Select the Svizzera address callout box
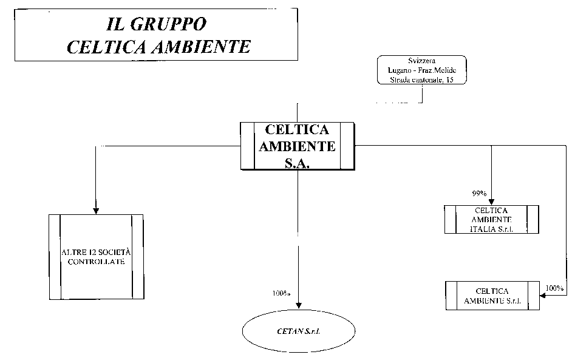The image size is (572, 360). point(421,70)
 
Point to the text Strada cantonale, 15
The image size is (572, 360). point(421,79)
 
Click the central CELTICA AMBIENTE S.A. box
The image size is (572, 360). point(298,146)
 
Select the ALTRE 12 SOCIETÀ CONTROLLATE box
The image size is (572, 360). point(96,257)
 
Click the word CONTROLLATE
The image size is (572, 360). point(96,262)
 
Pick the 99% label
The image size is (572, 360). point(479,194)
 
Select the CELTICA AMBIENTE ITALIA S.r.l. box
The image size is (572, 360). point(491,219)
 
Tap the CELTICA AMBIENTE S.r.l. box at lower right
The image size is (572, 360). point(492,296)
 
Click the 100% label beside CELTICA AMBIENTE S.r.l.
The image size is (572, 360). point(554,287)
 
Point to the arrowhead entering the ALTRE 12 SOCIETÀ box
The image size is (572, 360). point(95,210)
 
